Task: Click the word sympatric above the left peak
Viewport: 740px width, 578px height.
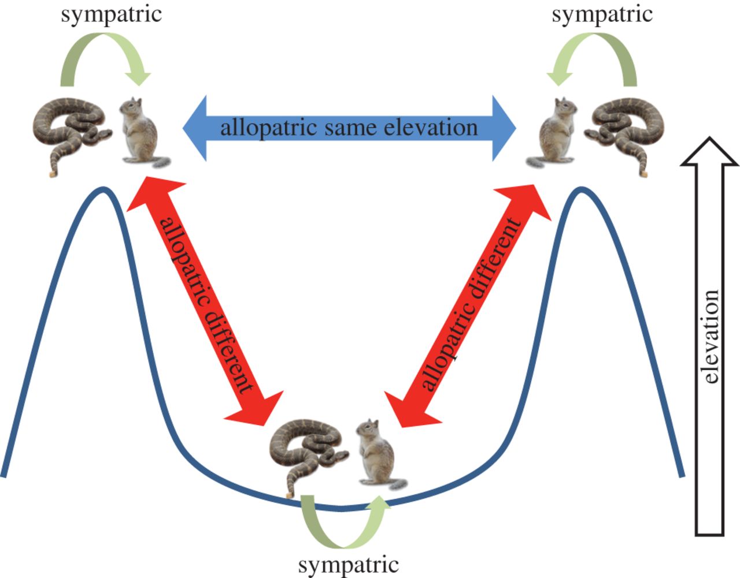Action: pyautogui.click(x=111, y=14)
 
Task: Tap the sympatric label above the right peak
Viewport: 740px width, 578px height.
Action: pyautogui.click(x=602, y=14)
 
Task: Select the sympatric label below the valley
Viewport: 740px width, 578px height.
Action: pyautogui.click(x=348, y=564)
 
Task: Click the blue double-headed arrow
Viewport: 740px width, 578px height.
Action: pyautogui.click(x=349, y=128)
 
